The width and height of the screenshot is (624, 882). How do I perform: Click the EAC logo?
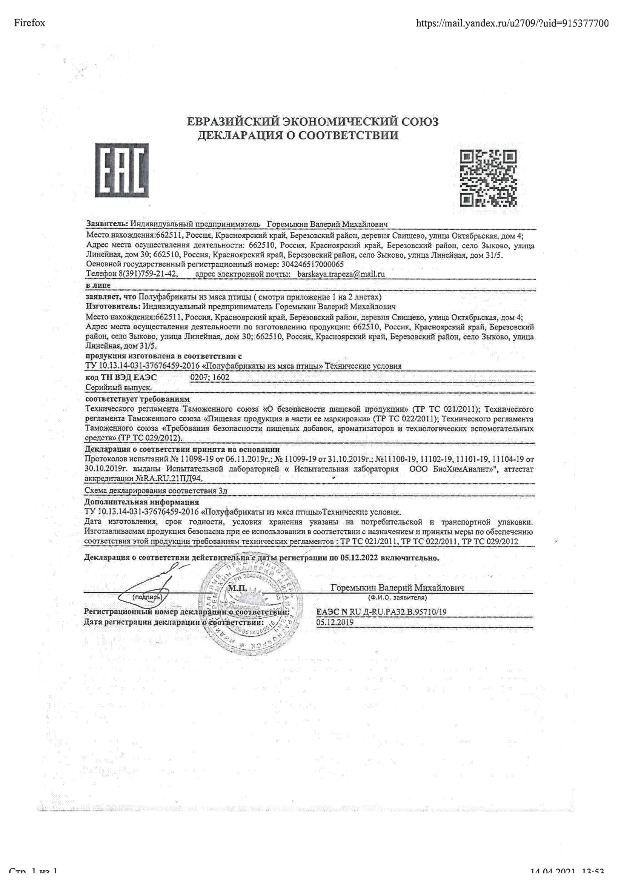click(x=122, y=170)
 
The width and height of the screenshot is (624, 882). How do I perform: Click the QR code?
click(x=488, y=178)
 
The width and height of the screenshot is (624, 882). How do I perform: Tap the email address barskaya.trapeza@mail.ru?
click(x=341, y=274)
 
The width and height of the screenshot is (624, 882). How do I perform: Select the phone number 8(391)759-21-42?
click(x=144, y=274)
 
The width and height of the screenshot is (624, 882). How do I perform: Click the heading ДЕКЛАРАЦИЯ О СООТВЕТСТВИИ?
click(x=298, y=135)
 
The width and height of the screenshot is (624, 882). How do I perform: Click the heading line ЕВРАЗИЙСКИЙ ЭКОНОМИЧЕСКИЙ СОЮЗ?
click(x=312, y=122)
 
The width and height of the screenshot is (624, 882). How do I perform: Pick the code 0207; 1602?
click(x=210, y=377)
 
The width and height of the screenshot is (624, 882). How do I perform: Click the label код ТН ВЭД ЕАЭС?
click(x=121, y=378)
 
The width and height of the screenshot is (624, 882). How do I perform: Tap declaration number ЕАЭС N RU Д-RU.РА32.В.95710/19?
click(x=381, y=612)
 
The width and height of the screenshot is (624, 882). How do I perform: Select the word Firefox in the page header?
click(x=29, y=23)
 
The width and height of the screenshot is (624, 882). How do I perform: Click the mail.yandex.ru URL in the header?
click(x=512, y=23)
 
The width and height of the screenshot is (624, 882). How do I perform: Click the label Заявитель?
click(x=107, y=224)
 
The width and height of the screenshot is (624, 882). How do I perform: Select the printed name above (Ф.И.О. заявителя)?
click(x=397, y=588)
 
